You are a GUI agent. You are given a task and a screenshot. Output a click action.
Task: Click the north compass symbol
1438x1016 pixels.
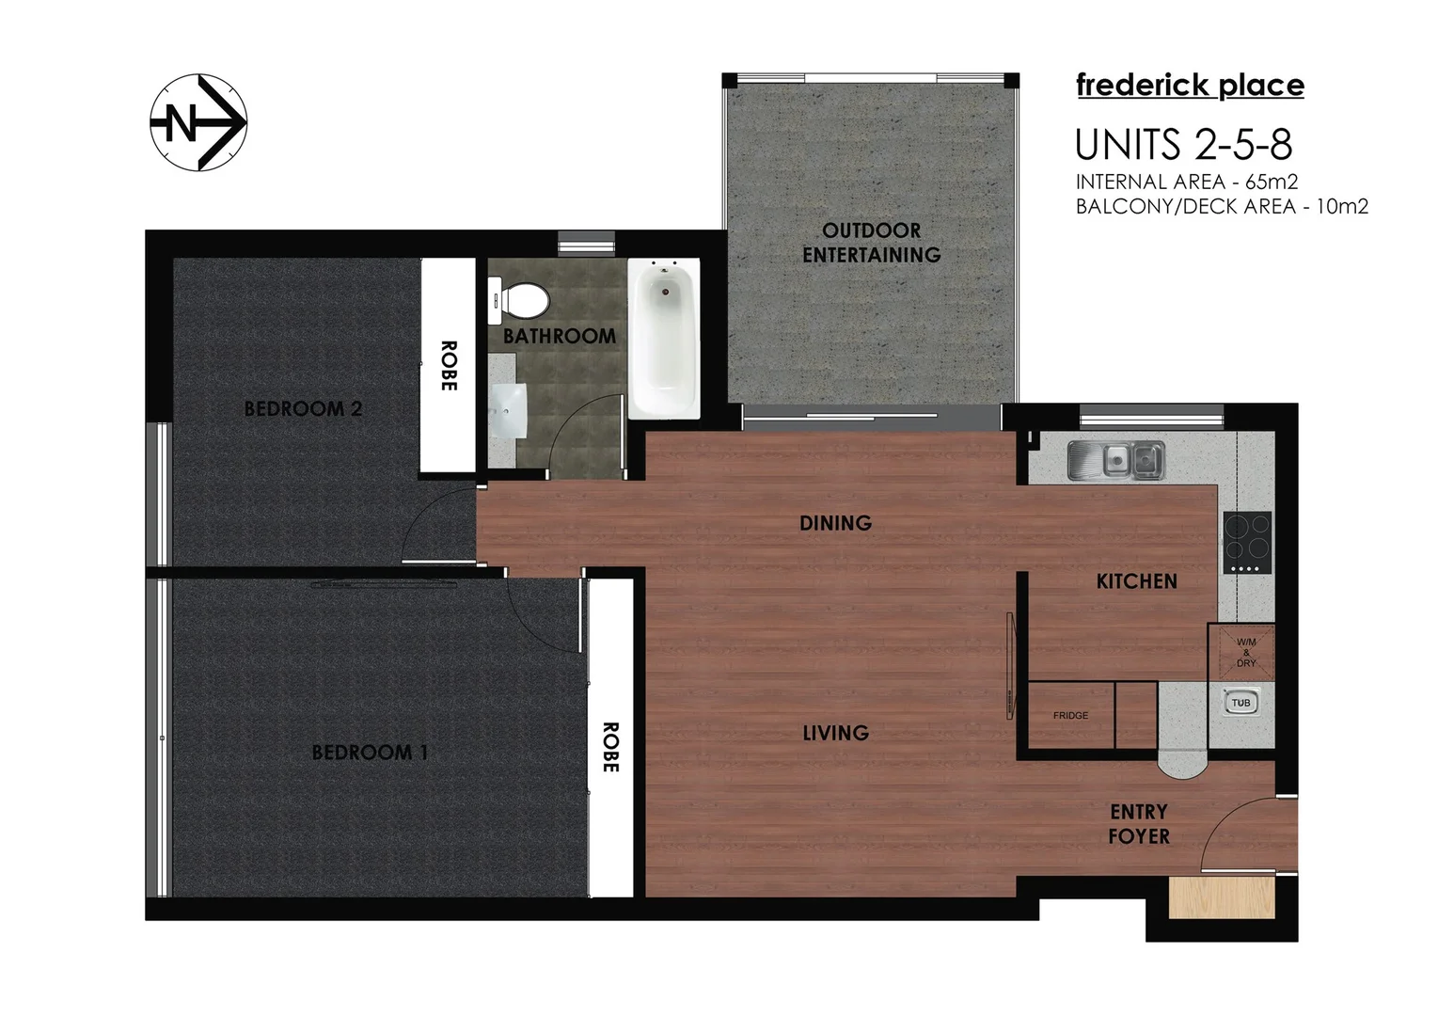[x=198, y=122]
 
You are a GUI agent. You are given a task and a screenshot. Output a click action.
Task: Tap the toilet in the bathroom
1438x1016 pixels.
[x=520, y=300]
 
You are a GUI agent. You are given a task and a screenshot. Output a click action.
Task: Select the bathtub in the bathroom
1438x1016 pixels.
[x=664, y=339]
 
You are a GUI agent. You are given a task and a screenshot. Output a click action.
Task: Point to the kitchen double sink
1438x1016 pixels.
[x=1116, y=460]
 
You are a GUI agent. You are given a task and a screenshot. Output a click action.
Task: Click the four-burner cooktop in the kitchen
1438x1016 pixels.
[x=1247, y=542]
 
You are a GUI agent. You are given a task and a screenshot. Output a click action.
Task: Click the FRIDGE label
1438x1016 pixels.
[x=1070, y=716]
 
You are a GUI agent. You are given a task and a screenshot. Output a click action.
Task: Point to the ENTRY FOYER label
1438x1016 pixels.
[x=1138, y=824]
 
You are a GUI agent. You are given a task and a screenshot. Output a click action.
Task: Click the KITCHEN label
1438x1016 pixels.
[x=1136, y=581]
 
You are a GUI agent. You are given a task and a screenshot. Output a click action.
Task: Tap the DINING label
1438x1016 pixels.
[x=835, y=523]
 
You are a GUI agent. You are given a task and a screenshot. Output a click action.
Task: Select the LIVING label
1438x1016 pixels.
[x=835, y=733]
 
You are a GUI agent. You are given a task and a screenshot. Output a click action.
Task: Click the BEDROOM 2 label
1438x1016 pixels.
[x=303, y=409]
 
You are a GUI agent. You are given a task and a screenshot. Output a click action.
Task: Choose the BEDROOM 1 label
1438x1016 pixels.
[x=370, y=753]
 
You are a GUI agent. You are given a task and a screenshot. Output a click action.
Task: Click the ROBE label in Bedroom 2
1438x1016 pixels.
[x=448, y=366]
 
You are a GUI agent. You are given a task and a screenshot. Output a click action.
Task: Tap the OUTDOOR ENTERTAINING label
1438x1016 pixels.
[x=871, y=243]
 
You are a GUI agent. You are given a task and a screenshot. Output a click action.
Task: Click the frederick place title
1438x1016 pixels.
[x=1190, y=86]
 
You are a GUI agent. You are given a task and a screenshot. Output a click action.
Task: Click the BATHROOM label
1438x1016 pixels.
[x=560, y=336]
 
